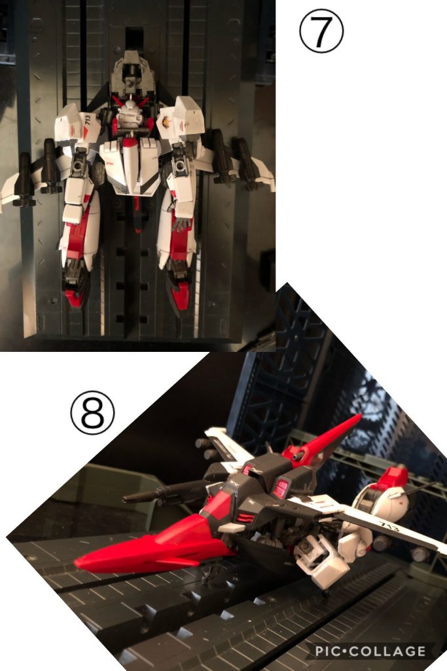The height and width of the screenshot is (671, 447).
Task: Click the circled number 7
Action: [x=321, y=31]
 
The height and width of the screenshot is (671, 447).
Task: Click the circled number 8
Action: [x=93, y=413]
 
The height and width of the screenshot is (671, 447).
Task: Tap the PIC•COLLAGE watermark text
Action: [x=370, y=651]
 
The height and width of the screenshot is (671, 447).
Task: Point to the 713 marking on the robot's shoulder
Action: [x=88, y=120]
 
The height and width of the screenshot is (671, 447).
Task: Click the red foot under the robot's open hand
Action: [x=180, y=296]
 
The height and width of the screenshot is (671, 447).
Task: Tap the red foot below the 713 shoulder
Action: [x=74, y=298]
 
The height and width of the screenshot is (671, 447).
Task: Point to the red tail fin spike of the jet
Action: [x=325, y=441]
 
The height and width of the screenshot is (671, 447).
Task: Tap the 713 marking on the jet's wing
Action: [x=389, y=526]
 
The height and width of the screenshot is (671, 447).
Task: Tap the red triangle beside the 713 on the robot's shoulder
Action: [x=85, y=132]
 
